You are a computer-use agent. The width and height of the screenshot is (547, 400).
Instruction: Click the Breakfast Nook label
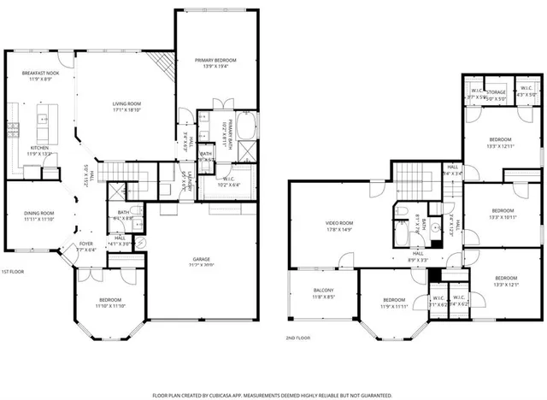[40, 74]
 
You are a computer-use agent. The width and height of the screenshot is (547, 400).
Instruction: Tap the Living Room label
[126, 103]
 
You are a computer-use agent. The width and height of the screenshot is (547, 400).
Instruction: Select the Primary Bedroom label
[215, 60]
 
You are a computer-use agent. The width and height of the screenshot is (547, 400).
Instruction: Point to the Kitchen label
[40, 148]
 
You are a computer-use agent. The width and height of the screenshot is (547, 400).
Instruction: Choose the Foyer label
[86, 220]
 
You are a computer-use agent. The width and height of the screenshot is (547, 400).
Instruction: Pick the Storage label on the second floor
[497, 91]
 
